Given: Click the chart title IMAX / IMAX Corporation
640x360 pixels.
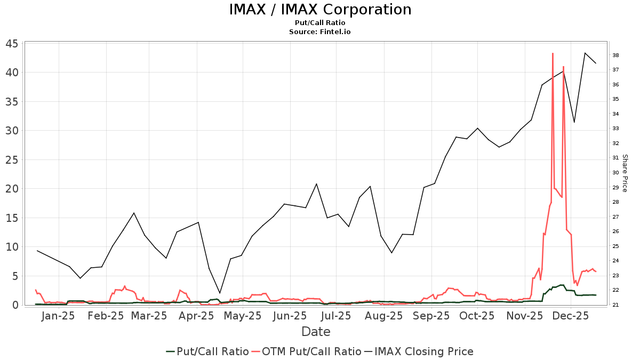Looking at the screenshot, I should point(320,10).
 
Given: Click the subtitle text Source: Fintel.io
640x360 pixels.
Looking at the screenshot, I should point(320,32).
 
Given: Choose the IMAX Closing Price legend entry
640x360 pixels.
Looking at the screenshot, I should point(423,351).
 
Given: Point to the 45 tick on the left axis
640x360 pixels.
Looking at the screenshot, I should point(13,44).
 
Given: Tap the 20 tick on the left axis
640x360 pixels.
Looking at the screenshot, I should point(13,189).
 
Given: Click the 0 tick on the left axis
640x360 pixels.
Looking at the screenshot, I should point(16,305).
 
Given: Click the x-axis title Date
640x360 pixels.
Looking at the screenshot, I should point(316,332).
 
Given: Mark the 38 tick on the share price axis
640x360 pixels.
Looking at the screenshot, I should point(615,55).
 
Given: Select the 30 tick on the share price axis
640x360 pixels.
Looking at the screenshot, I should point(615,173).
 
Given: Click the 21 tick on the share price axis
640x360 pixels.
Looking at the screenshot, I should point(615,305).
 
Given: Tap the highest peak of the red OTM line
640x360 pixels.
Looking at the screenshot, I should point(553,53).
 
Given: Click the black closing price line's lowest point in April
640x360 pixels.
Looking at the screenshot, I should point(220,293).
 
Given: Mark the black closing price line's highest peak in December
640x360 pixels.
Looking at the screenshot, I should point(585,53).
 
